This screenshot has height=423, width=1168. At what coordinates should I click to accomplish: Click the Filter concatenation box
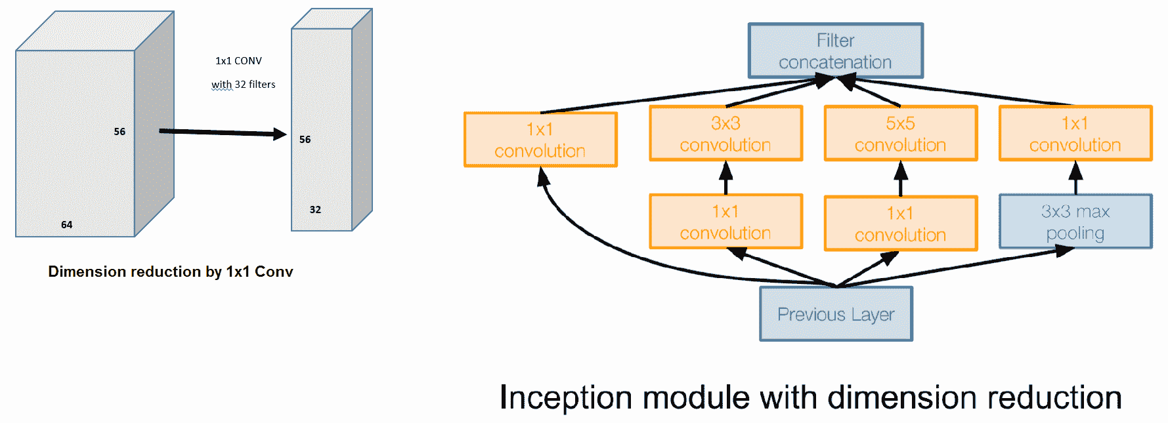836,51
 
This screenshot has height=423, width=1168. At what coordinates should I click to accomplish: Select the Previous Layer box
836,314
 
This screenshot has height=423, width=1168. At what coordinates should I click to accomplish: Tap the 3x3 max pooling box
1075,222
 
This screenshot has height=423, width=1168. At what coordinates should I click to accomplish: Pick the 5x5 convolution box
901,134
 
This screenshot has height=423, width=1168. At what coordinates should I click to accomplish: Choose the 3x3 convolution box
726,134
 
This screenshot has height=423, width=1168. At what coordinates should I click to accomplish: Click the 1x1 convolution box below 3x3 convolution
726,222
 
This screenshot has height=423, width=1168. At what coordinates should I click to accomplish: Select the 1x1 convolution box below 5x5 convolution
901,224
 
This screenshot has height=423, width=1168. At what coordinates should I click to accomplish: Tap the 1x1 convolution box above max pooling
1075,134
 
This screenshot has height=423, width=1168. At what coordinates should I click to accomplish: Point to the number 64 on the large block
67,225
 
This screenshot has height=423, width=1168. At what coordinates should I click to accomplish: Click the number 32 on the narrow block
316,210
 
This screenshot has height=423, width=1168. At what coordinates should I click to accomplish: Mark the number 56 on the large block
119,132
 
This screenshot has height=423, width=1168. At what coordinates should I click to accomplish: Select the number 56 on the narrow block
305,140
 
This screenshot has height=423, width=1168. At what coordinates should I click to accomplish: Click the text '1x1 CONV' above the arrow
238,61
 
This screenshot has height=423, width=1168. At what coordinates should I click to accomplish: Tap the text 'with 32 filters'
244,85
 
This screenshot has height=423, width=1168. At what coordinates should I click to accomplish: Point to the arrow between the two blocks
223,133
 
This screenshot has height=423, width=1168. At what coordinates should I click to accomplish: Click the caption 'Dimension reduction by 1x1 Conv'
171,272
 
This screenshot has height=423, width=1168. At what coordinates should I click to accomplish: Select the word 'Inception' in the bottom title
569,398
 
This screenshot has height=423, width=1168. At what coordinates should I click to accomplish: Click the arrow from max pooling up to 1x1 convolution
1075,178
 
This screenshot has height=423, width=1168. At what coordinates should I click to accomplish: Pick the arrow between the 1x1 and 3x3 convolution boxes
726,178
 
